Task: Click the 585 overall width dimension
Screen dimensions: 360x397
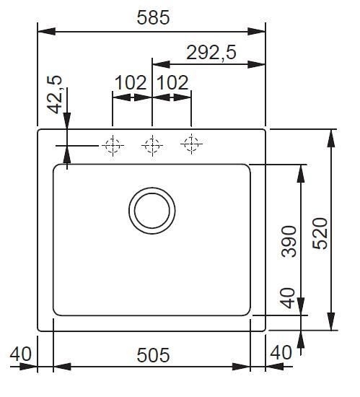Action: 153,18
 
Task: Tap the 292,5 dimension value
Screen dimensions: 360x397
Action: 211,53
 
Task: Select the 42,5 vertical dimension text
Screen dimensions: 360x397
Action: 55,95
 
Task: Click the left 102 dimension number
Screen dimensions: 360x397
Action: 131,82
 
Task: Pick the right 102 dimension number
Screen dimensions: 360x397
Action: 173,82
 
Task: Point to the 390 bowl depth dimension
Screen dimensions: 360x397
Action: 289,241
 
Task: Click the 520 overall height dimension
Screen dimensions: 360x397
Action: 320,233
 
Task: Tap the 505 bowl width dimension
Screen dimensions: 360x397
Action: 153,355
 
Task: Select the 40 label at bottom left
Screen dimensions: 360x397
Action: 21,354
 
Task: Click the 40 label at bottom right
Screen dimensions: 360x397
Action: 281,352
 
